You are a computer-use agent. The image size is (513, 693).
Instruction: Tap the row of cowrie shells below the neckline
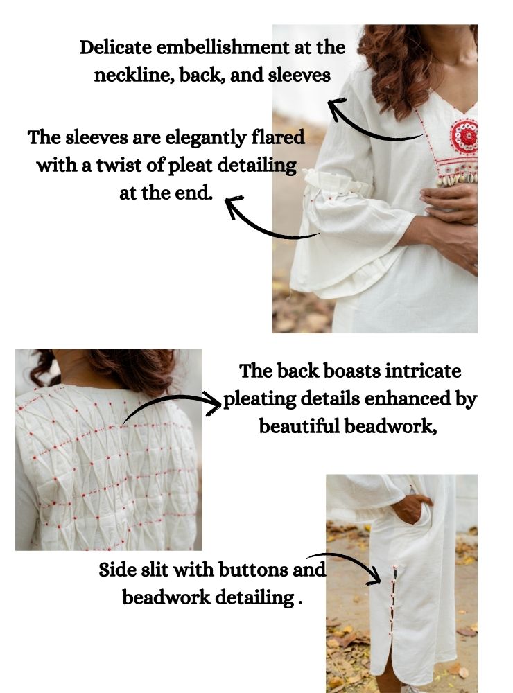tap(458, 178)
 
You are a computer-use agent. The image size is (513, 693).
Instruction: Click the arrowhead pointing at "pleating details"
tap(213, 403)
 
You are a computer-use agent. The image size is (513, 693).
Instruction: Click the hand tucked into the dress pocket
tap(411, 508)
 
